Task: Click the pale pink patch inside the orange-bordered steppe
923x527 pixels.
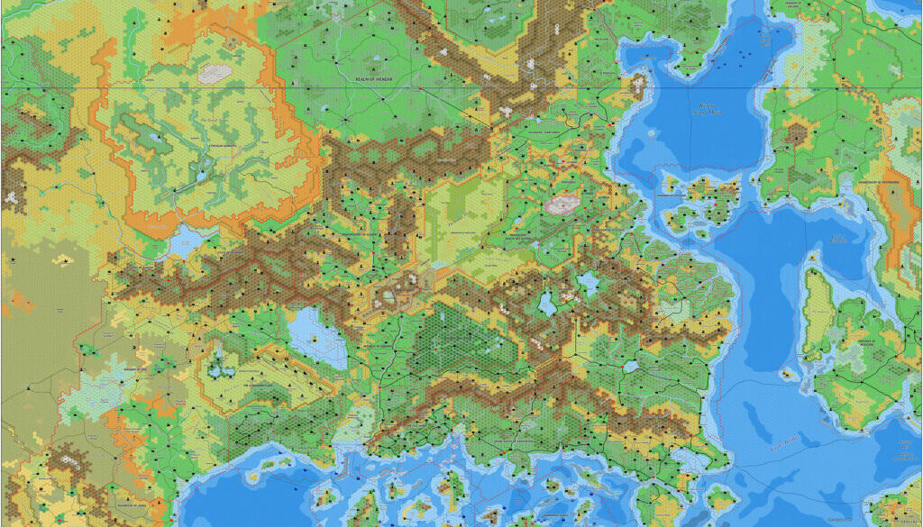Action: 215,74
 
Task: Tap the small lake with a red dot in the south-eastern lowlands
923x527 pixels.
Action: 631,368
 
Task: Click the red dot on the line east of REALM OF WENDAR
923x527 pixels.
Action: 421,90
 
